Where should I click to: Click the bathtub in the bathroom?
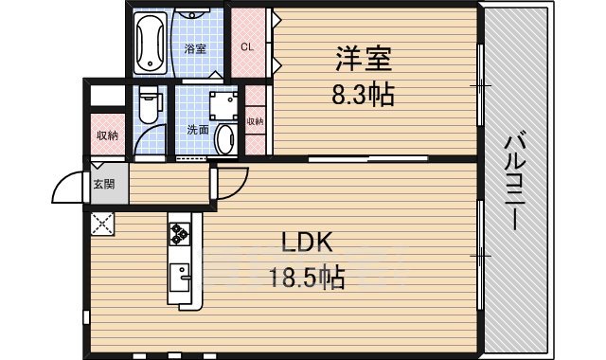click(151, 43)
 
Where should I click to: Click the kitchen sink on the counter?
click(180, 279)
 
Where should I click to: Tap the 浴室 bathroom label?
click(196, 47)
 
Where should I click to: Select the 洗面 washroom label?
click(197, 130)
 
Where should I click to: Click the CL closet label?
click(247, 45)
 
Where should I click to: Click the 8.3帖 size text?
click(363, 95)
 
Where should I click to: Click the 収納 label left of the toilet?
click(107, 135)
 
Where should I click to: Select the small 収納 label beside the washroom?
click(255, 121)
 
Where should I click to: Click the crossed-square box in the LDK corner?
click(101, 225)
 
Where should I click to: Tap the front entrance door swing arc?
click(68, 188)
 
